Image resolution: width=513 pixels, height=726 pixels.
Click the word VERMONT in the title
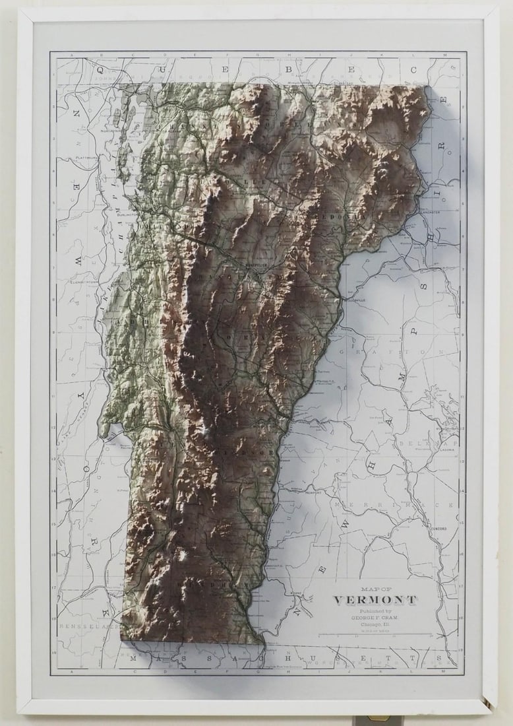point(375,600)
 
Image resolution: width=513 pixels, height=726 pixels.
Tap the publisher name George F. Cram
point(375,618)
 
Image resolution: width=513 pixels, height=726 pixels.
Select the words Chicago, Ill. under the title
point(375,625)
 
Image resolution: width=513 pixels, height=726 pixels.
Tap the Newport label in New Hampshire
point(313,492)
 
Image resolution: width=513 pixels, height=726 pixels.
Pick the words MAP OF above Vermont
point(375,589)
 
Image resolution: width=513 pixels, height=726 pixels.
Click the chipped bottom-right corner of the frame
point(487,702)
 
